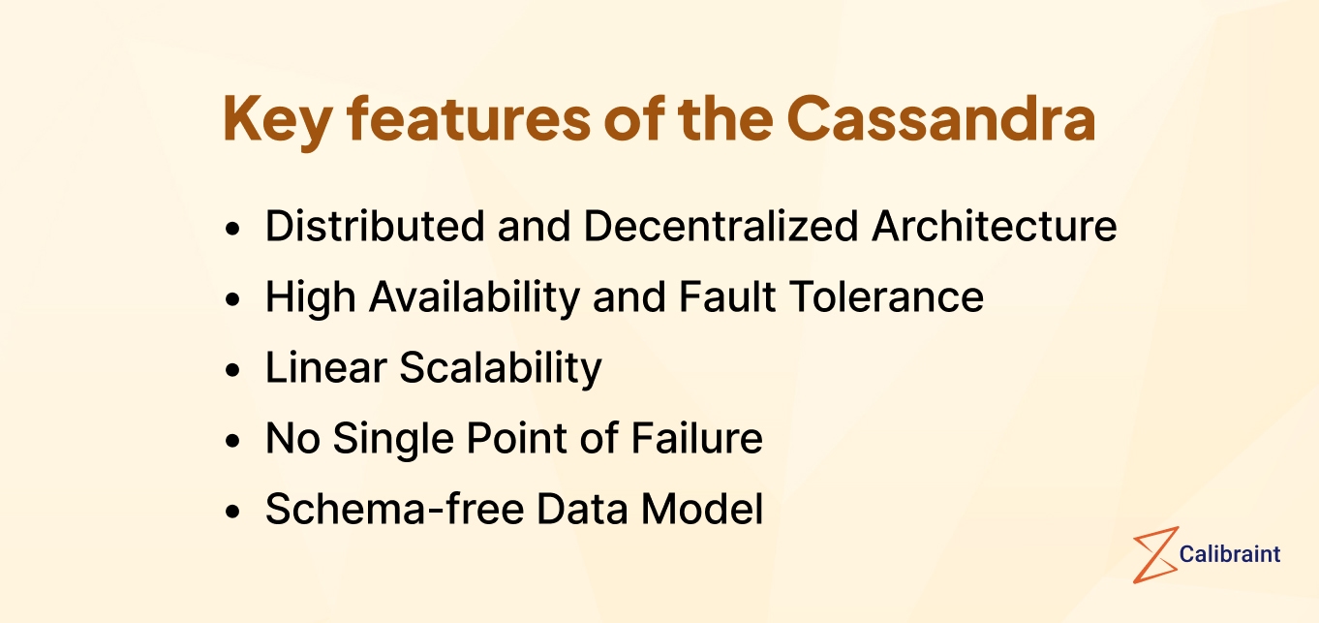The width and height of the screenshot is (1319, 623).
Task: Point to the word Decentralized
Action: (x=721, y=227)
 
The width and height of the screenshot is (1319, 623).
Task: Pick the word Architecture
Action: (x=995, y=227)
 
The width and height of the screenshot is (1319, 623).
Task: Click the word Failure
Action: (x=697, y=439)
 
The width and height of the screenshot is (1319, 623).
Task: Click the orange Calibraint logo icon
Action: (x=1154, y=554)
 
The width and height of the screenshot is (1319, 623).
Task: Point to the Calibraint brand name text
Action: (x=1230, y=554)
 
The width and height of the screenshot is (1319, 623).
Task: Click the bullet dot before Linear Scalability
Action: (x=231, y=371)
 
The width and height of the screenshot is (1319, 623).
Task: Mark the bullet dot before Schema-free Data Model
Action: (x=231, y=513)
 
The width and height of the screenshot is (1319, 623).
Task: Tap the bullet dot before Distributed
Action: (x=231, y=230)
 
